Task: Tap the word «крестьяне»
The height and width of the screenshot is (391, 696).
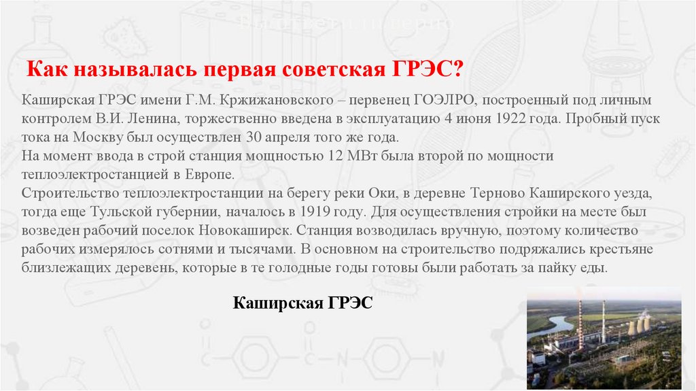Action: point(623,249)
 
